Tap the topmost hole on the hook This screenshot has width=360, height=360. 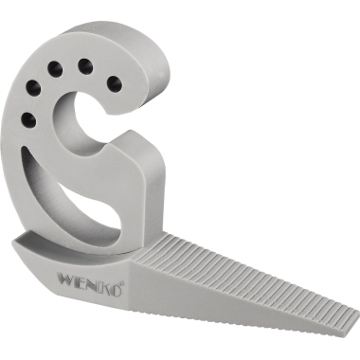(x=84, y=64)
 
